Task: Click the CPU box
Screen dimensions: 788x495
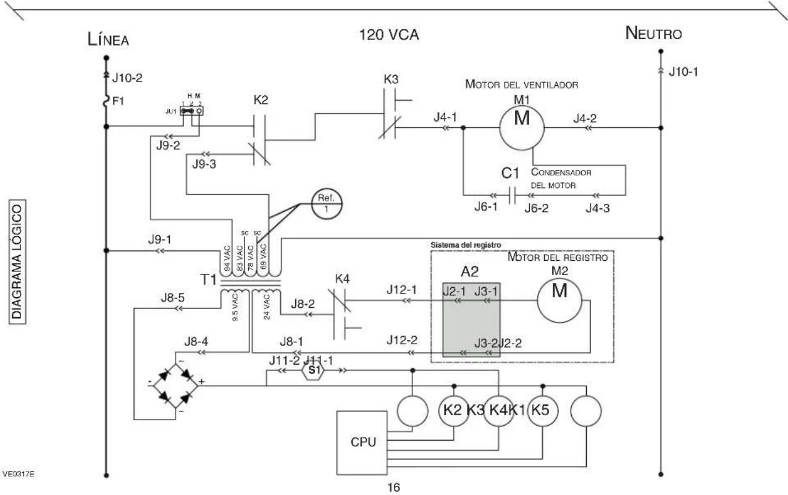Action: (x=362, y=443)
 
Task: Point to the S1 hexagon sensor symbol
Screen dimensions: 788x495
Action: (x=313, y=370)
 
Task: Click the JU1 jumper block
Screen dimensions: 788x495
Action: (x=191, y=111)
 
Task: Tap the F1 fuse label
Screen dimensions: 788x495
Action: (x=118, y=101)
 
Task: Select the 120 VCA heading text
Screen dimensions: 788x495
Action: (x=389, y=35)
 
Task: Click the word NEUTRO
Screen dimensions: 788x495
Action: (x=653, y=33)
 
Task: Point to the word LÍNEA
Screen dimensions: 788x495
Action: (x=108, y=39)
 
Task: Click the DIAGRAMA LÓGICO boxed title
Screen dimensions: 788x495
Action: (x=17, y=261)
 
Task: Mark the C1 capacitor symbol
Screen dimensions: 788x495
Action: (x=513, y=195)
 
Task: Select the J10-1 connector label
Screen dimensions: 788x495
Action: (x=684, y=72)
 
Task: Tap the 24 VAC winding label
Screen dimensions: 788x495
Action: (x=267, y=307)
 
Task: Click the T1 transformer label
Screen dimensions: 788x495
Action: (x=208, y=279)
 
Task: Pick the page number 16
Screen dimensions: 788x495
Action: (x=393, y=488)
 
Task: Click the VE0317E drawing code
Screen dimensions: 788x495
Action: (x=19, y=474)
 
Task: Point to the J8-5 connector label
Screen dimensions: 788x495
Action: (x=173, y=298)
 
